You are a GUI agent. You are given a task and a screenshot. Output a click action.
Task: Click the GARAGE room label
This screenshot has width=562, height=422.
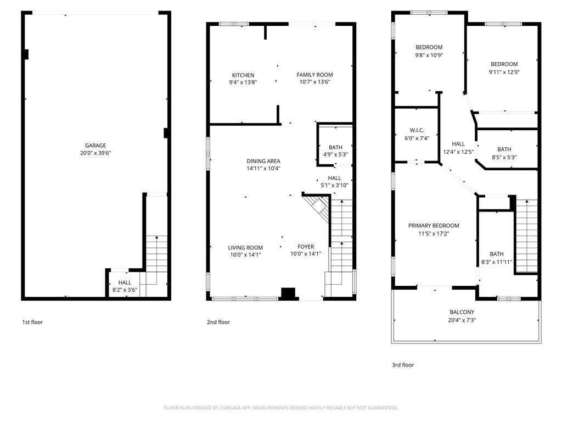pos(95,145)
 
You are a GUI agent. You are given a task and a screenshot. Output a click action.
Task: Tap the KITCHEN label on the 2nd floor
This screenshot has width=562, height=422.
pos(243,75)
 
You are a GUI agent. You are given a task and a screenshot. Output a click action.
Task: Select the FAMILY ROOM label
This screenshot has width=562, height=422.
pos(314,75)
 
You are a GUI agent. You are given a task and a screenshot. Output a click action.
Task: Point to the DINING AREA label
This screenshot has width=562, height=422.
pos(263,161)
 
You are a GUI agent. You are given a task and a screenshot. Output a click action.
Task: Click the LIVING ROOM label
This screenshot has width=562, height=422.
pos(245,248)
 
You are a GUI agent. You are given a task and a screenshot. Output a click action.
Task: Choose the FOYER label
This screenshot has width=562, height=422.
pos(306,247)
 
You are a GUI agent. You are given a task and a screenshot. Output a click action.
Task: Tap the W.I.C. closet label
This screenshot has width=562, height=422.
pos(417,130)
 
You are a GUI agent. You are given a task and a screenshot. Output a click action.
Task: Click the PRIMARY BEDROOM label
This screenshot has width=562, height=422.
pos(434,225)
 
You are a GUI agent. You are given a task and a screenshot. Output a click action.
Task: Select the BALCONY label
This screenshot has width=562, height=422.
pos(462,312)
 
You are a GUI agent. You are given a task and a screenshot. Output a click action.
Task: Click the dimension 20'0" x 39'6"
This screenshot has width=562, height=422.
pos(95,153)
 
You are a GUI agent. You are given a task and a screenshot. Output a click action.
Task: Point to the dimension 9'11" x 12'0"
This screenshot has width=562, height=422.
pos(504,72)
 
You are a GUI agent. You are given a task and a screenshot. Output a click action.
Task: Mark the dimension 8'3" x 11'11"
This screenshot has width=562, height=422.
pos(497,262)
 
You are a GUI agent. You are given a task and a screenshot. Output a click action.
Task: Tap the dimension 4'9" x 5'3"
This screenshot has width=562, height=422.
pos(335,154)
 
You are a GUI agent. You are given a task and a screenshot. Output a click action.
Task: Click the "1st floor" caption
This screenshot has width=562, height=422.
pos(32,322)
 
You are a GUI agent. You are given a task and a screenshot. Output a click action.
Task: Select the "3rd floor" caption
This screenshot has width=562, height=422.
pos(403,365)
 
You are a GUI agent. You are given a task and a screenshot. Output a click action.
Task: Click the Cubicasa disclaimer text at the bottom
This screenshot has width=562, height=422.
pos(281,408)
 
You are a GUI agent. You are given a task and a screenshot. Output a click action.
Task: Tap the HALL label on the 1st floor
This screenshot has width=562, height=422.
pos(125,282)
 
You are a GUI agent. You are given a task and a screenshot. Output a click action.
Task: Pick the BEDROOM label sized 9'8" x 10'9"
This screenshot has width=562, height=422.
pos(429,47)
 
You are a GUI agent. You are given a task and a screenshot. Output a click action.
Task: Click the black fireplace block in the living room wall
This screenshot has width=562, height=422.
pos(288,293)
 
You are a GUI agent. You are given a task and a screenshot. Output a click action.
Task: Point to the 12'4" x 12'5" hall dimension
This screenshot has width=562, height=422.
pos(458,152)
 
